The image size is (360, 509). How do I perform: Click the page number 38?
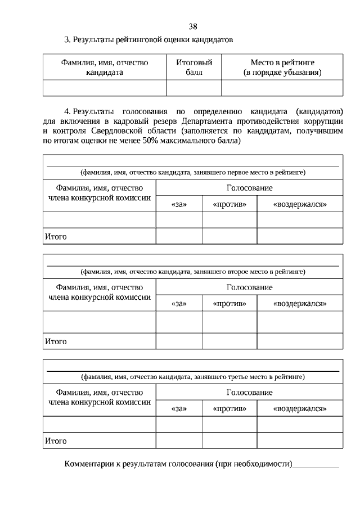(193, 26)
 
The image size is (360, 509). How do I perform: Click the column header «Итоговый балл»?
(193, 67)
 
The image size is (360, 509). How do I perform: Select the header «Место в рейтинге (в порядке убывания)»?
(282, 67)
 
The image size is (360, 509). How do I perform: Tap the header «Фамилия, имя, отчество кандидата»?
(105, 67)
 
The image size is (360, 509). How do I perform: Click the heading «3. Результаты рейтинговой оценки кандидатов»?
(148, 40)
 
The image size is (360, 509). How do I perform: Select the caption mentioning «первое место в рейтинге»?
(193, 172)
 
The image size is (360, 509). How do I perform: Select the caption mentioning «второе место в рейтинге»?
(193, 272)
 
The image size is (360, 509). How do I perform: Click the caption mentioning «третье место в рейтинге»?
(193, 376)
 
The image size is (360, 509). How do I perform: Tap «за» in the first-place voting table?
(178, 204)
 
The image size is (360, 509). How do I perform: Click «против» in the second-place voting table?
(229, 304)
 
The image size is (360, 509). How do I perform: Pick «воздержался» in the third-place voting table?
(300, 408)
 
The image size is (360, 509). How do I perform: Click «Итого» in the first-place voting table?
(56, 237)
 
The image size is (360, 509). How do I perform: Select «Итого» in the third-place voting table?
(56, 441)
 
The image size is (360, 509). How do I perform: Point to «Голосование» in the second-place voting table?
(249, 287)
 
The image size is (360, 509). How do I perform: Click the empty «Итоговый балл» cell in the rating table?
(193, 88)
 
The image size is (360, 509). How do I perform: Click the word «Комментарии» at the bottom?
(89, 464)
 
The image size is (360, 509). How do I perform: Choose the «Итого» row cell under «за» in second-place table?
(178, 341)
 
